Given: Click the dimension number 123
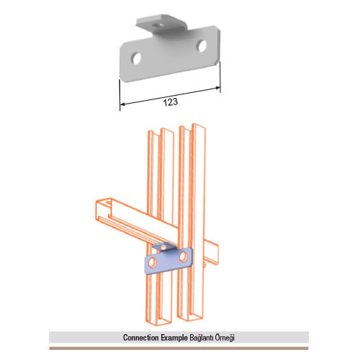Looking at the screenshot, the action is coord(171,102).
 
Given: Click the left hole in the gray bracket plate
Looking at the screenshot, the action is coord(136,58).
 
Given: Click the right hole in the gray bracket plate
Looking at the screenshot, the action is coord(202,46).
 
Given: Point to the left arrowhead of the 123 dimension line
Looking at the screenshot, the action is coord(122,104).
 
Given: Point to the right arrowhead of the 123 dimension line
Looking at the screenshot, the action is coord(217,88).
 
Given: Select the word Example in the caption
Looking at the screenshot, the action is coord(174,338).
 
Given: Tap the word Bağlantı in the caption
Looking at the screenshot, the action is coord(201,338).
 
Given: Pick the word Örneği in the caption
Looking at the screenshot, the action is coord(224,338).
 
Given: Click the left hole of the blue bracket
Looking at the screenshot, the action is coord(152,262).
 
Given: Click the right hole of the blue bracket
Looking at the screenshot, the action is coord(183,256).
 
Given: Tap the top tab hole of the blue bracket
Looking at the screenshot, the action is coord(163,247).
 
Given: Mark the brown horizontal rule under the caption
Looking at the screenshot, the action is coord(179,348).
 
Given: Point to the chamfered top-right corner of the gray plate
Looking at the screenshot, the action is coord(218,28).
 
